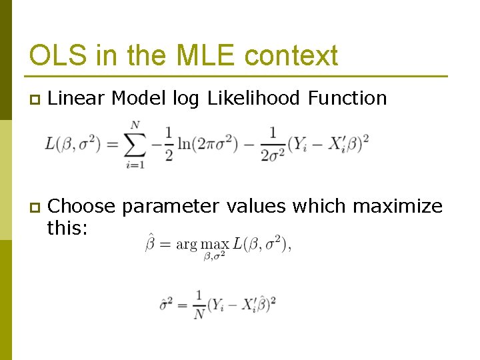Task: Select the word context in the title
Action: click(x=291, y=55)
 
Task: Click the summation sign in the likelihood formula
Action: click(x=135, y=143)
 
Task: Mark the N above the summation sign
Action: click(x=135, y=125)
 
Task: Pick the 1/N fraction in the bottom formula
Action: click(x=199, y=304)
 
